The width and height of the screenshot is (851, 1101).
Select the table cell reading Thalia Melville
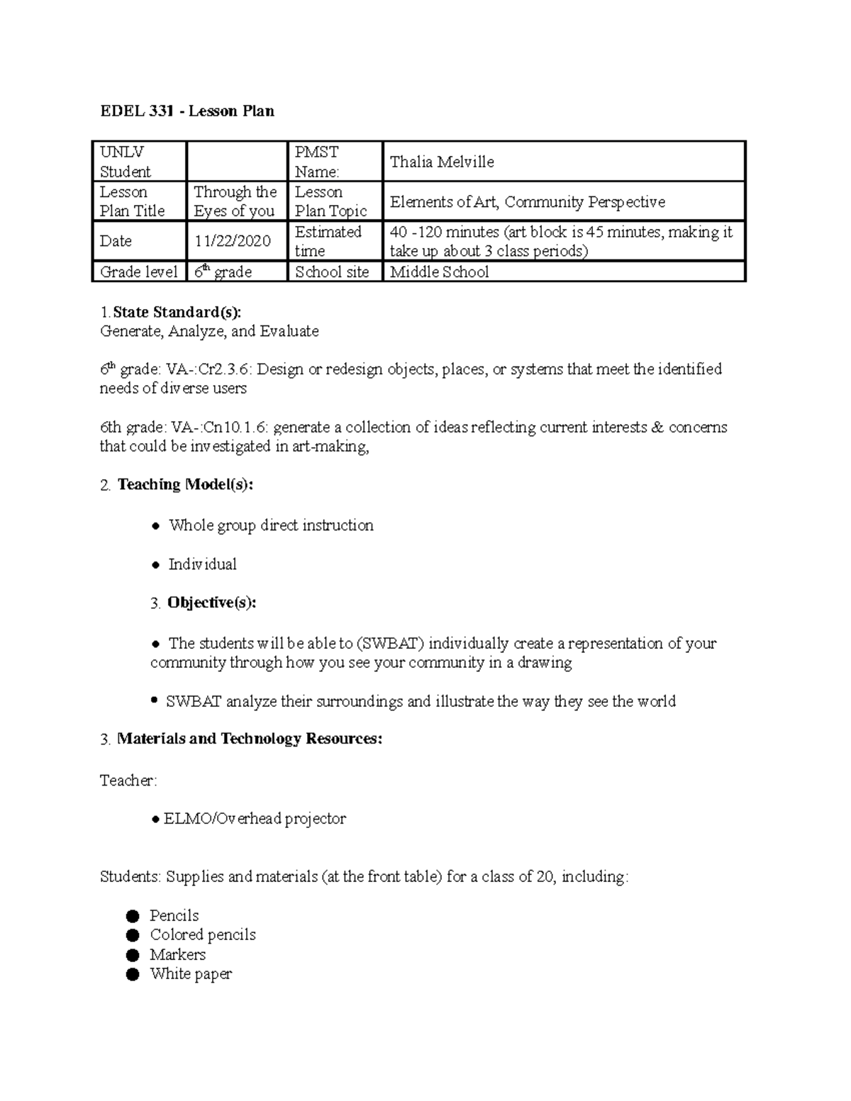click(x=442, y=162)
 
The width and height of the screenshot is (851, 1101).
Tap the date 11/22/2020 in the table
click(x=233, y=241)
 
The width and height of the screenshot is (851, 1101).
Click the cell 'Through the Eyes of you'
click(x=235, y=201)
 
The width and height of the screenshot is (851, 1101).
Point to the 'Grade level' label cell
click(x=138, y=272)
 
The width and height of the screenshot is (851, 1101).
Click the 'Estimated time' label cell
click(x=328, y=241)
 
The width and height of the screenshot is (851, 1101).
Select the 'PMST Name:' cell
click(x=317, y=162)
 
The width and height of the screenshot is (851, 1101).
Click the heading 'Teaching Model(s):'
click(x=185, y=485)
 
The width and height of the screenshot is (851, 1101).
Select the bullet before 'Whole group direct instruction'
click(x=156, y=526)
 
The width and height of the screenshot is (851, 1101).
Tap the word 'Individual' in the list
click(x=202, y=564)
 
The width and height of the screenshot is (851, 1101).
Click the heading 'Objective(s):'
click(x=211, y=603)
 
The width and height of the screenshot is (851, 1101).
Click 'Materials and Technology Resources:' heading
click(x=249, y=739)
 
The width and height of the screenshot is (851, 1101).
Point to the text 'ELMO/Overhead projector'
click(x=255, y=819)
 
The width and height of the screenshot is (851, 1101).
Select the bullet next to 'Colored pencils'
click(x=133, y=935)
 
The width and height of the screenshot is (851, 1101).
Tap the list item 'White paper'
click(x=191, y=974)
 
